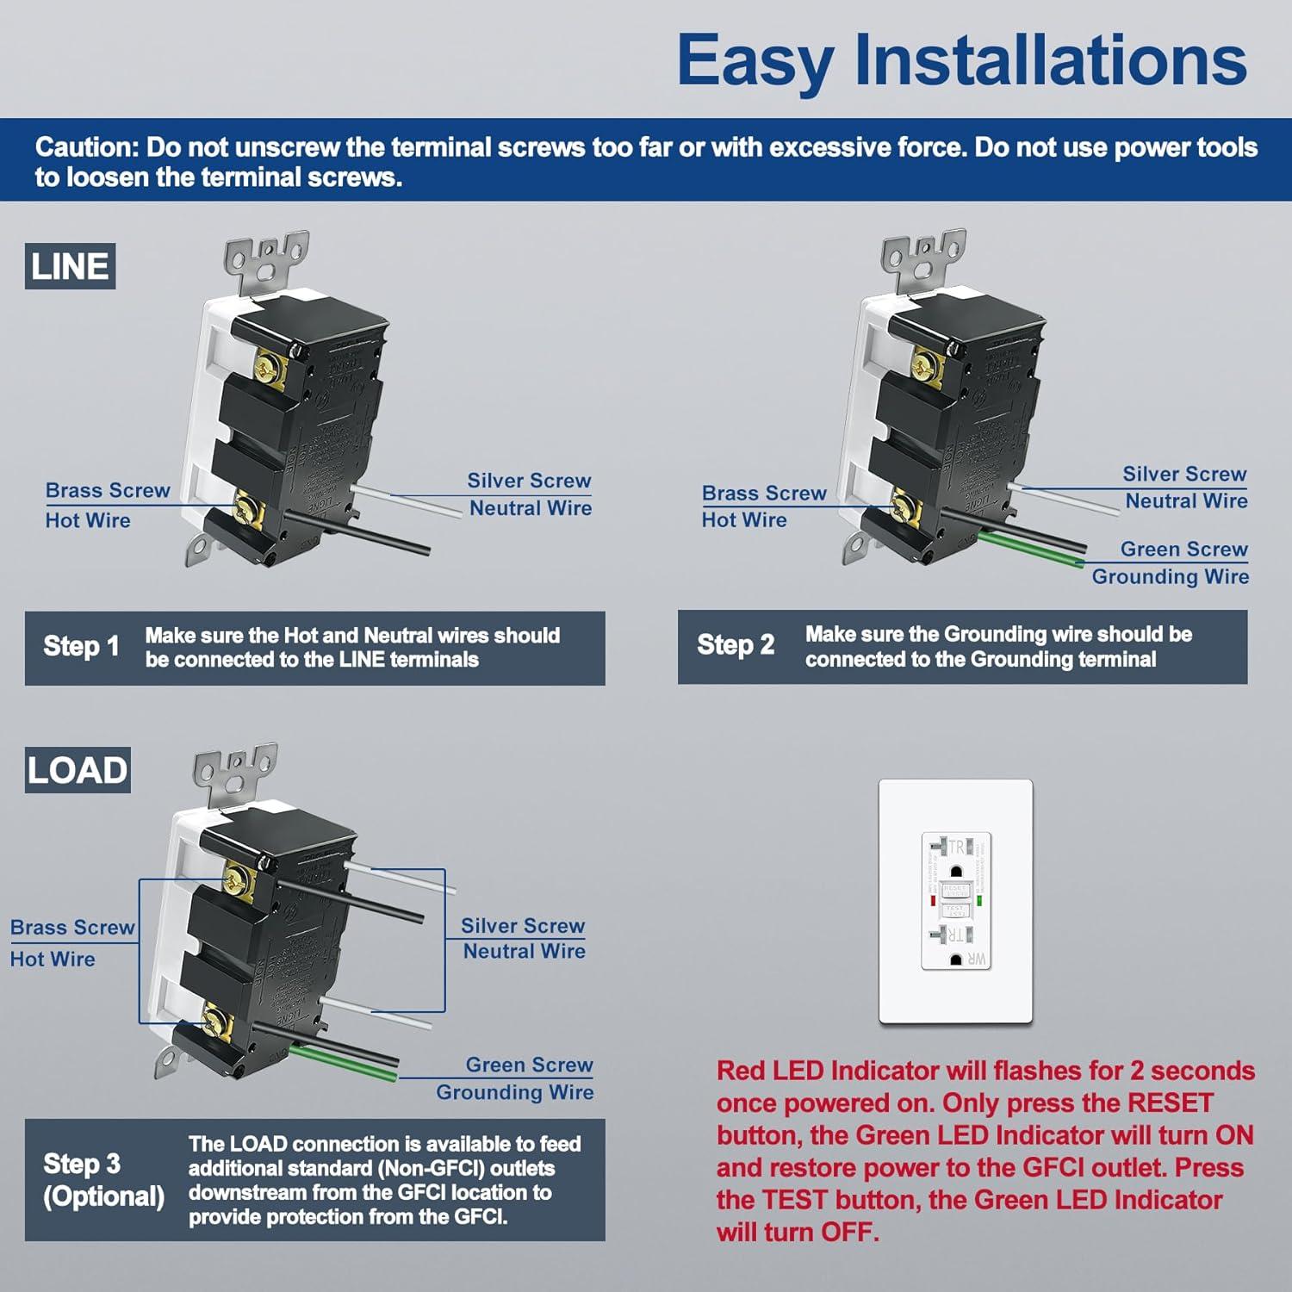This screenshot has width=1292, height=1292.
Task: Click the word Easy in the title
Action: tap(755, 61)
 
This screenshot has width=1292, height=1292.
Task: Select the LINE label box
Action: tap(70, 266)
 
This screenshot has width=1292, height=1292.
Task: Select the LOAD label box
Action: tap(78, 770)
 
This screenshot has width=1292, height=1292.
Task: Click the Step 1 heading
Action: tap(81, 646)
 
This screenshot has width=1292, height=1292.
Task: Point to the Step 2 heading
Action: tap(736, 644)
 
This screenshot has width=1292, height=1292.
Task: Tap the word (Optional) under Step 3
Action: tap(103, 1196)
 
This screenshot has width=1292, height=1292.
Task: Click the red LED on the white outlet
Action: tap(933, 901)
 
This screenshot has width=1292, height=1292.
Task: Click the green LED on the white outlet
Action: tap(979, 901)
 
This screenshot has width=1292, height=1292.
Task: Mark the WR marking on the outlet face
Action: tap(977, 959)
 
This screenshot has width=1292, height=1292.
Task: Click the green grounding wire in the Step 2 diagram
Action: tap(1034, 550)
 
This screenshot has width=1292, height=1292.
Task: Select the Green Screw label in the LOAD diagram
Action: tap(529, 1065)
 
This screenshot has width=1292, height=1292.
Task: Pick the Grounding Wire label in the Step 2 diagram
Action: tap(1170, 576)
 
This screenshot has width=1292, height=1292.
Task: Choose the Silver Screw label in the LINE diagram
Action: tap(529, 481)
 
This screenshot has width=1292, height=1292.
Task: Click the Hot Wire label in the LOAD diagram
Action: tap(53, 959)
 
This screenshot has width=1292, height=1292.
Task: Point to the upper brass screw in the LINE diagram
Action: tap(270, 367)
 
